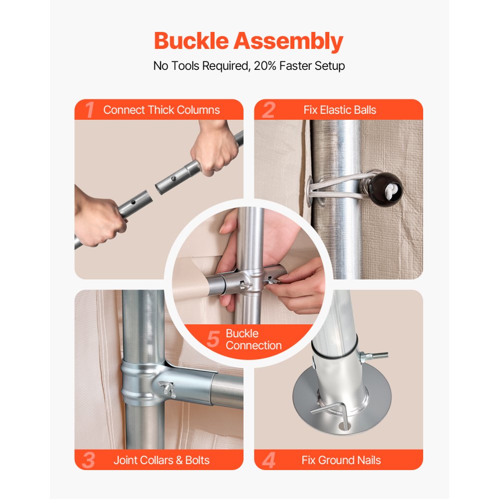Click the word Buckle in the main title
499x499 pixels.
[192, 40]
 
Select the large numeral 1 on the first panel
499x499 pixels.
[90, 110]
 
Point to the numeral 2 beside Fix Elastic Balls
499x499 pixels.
[268, 110]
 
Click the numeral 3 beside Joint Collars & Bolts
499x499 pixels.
[88, 460]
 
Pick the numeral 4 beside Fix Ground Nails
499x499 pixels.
[268, 460]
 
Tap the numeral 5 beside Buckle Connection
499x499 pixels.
[213, 339]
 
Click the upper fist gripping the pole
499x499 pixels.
[215, 149]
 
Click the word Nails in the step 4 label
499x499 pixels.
[369, 460]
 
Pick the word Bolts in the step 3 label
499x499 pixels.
[197, 460]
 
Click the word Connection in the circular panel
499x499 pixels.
[253, 345]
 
